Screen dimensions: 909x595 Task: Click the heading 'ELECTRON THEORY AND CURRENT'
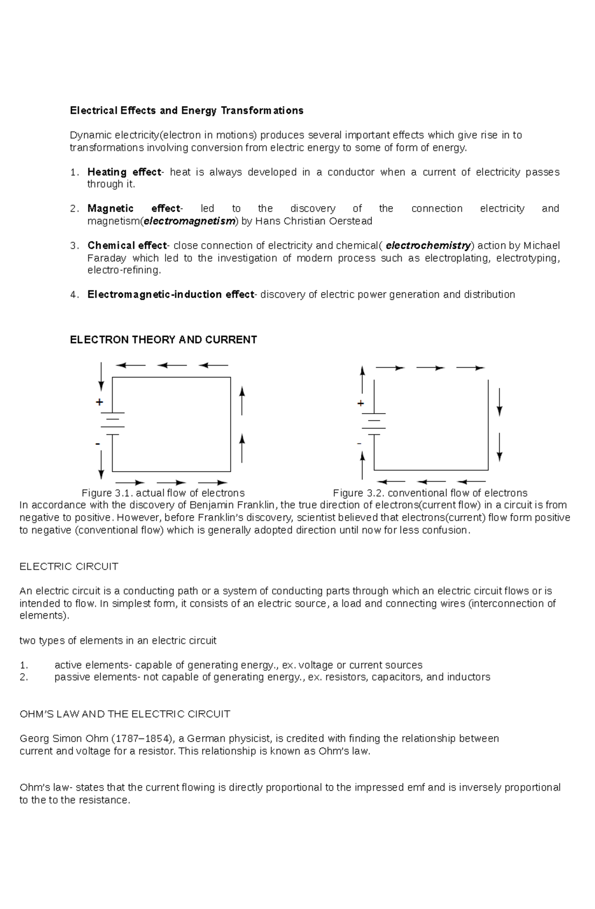click(x=163, y=340)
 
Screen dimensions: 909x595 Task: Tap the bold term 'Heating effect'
click(x=124, y=172)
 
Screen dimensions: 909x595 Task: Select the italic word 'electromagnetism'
click(x=189, y=221)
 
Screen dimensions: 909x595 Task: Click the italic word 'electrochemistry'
click(x=428, y=246)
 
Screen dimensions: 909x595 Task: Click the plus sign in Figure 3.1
click(x=99, y=402)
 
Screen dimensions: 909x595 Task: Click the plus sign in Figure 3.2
click(x=360, y=404)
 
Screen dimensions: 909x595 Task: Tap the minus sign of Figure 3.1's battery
click(x=98, y=443)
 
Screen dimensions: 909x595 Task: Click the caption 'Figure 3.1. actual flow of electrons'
click(x=163, y=493)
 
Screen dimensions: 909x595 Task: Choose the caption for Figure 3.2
click(x=430, y=493)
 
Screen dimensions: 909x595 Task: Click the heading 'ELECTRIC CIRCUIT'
click(x=68, y=567)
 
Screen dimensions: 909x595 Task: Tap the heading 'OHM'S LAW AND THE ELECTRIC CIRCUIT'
click(x=124, y=714)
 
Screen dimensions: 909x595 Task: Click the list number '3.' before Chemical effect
click(x=74, y=246)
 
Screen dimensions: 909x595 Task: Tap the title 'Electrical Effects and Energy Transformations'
click(x=186, y=110)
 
